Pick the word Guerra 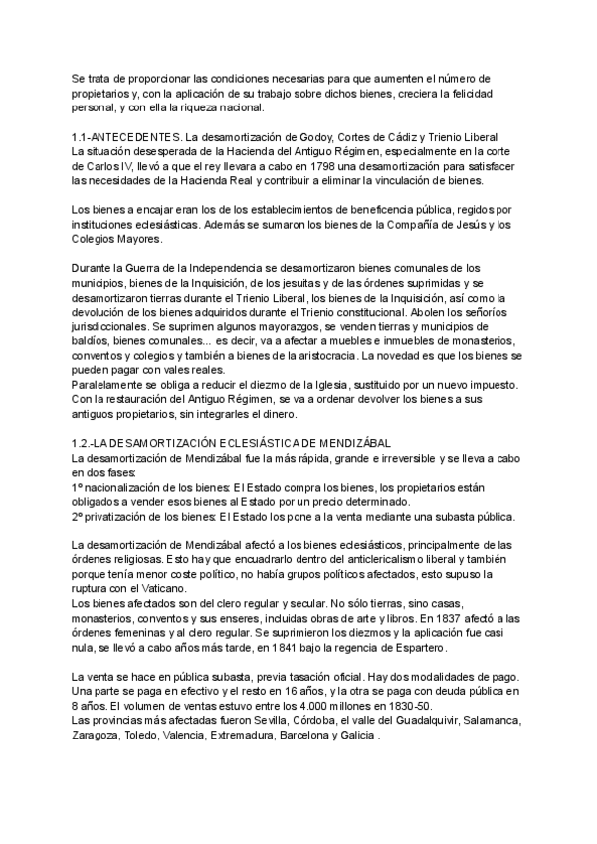tap(147, 269)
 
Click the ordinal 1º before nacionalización tap(79, 488)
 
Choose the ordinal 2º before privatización tap(79, 517)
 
